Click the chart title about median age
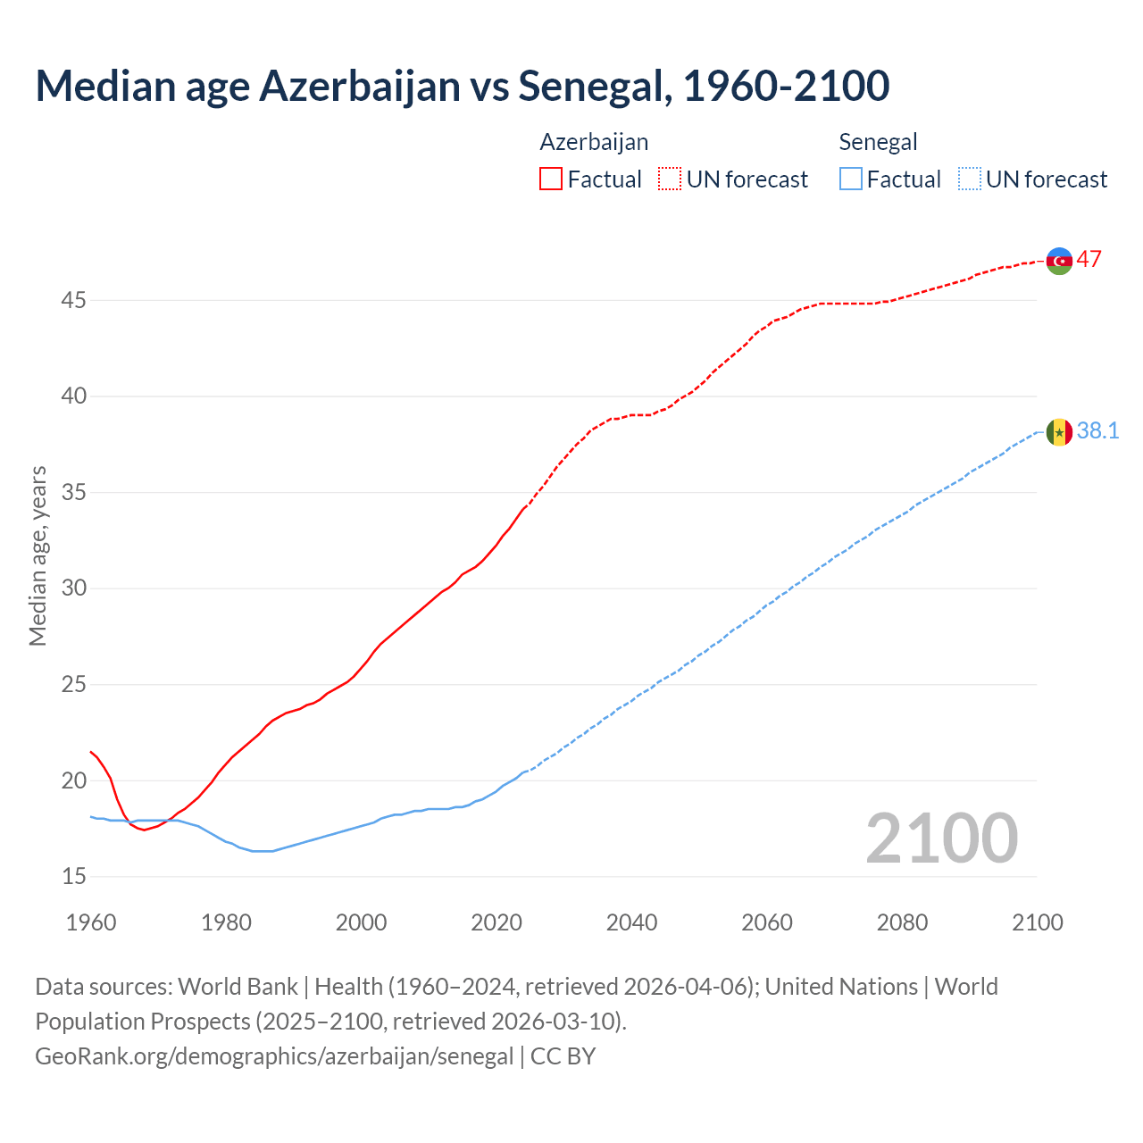[x=463, y=86]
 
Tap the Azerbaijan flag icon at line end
[x=1059, y=261]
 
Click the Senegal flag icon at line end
[x=1059, y=432]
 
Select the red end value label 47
[x=1089, y=260]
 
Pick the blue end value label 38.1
[x=1097, y=431]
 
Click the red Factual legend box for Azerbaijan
[x=551, y=179]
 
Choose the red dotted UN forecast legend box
[x=670, y=179]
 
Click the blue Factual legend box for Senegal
[x=851, y=179]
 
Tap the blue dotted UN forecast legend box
[x=969, y=179]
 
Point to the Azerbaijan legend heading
[x=594, y=142]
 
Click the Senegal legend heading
[x=878, y=142]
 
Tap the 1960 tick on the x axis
[x=91, y=922]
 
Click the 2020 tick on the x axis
[x=496, y=922]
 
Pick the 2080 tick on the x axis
[x=902, y=922]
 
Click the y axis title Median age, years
[x=38, y=555]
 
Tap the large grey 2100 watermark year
[x=942, y=838]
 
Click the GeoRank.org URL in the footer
[x=274, y=1056]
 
